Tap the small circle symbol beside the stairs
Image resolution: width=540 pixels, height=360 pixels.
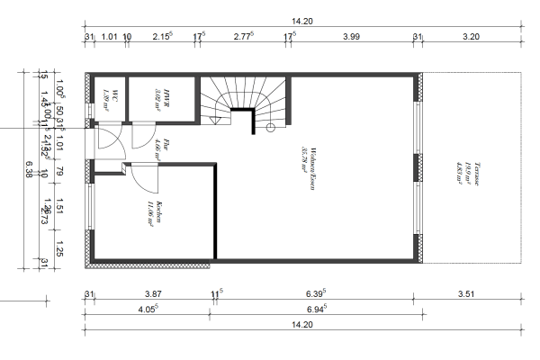(269, 129)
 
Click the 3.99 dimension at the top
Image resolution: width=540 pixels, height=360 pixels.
(352, 37)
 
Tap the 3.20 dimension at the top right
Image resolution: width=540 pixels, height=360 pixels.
(470, 37)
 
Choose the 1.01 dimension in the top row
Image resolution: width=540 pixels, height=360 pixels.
(110, 37)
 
